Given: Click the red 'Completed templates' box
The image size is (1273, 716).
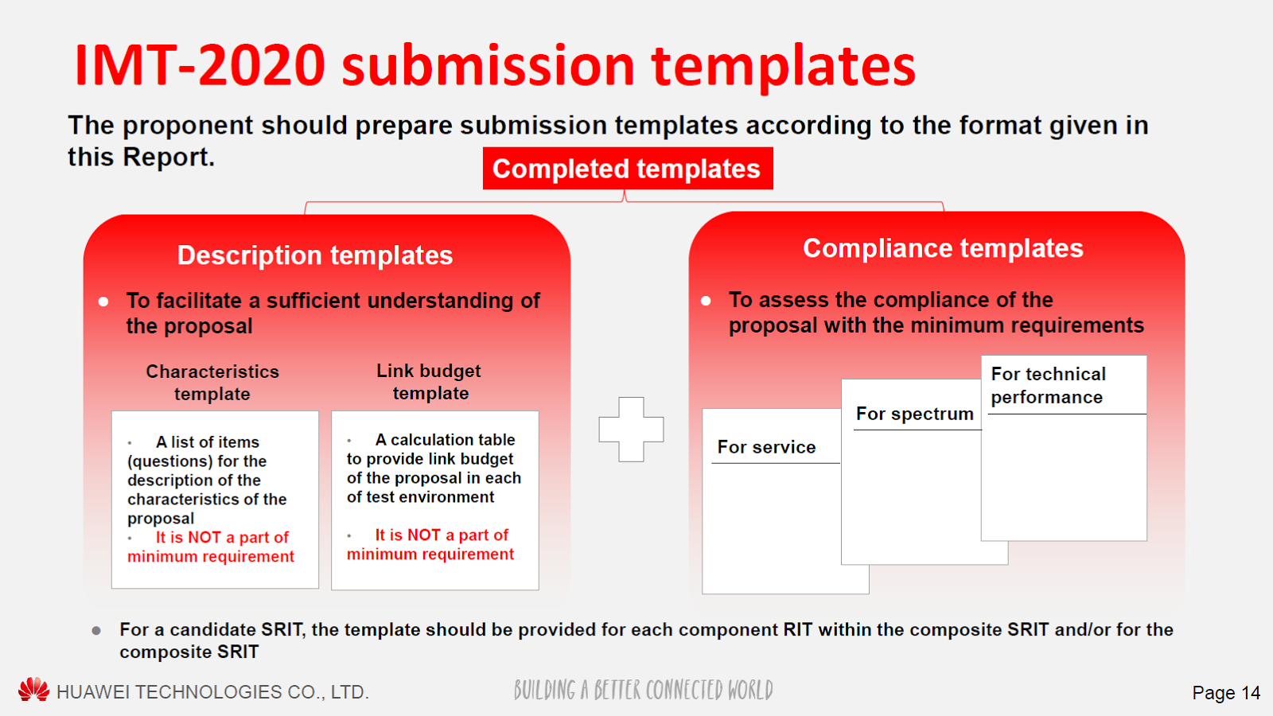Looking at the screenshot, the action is pyautogui.click(x=628, y=168).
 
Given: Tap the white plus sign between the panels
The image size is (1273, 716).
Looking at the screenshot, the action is pyautogui.click(x=631, y=429).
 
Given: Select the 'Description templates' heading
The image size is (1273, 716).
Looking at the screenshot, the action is pyautogui.click(x=315, y=255).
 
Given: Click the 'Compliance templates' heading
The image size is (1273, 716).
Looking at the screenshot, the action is pyautogui.click(x=943, y=248).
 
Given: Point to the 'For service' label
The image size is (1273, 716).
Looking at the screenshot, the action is pyautogui.click(x=766, y=447).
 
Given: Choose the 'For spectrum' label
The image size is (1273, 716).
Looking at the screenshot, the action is pyautogui.click(x=914, y=414).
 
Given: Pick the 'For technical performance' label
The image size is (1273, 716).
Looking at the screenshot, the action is pyautogui.click(x=1048, y=385).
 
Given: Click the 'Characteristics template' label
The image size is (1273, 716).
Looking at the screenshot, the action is pyautogui.click(x=212, y=383).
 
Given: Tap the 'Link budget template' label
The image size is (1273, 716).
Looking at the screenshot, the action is pyautogui.click(x=429, y=382).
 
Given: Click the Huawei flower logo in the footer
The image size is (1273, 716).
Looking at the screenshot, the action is pyautogui.click(x=33, y=689).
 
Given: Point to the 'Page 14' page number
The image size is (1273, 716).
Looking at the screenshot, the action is pyautogui.click(x=1226, y=693).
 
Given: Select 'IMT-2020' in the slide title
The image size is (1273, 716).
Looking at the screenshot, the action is pyautogui.click(x=200, y=65).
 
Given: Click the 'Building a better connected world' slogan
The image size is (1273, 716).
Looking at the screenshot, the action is pyautogui.click(x=644, y=691).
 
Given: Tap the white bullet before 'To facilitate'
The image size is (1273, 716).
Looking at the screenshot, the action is pyautogui.click(x=103, y=302).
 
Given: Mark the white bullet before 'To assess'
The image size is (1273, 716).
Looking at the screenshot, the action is pyautogui.click(x=706, y=301).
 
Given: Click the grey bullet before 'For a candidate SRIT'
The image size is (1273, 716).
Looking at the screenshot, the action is pyautogui.click(x=96, y=630).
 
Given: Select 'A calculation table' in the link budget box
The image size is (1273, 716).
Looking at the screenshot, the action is pyautogui.click(x=445, y=440).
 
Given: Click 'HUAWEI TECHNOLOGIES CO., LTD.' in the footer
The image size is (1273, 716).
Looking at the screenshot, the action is pyautogui.click(x=213, y=692).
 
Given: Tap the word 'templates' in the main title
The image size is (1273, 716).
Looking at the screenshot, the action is pyautogui.click(x=784, y=67).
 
